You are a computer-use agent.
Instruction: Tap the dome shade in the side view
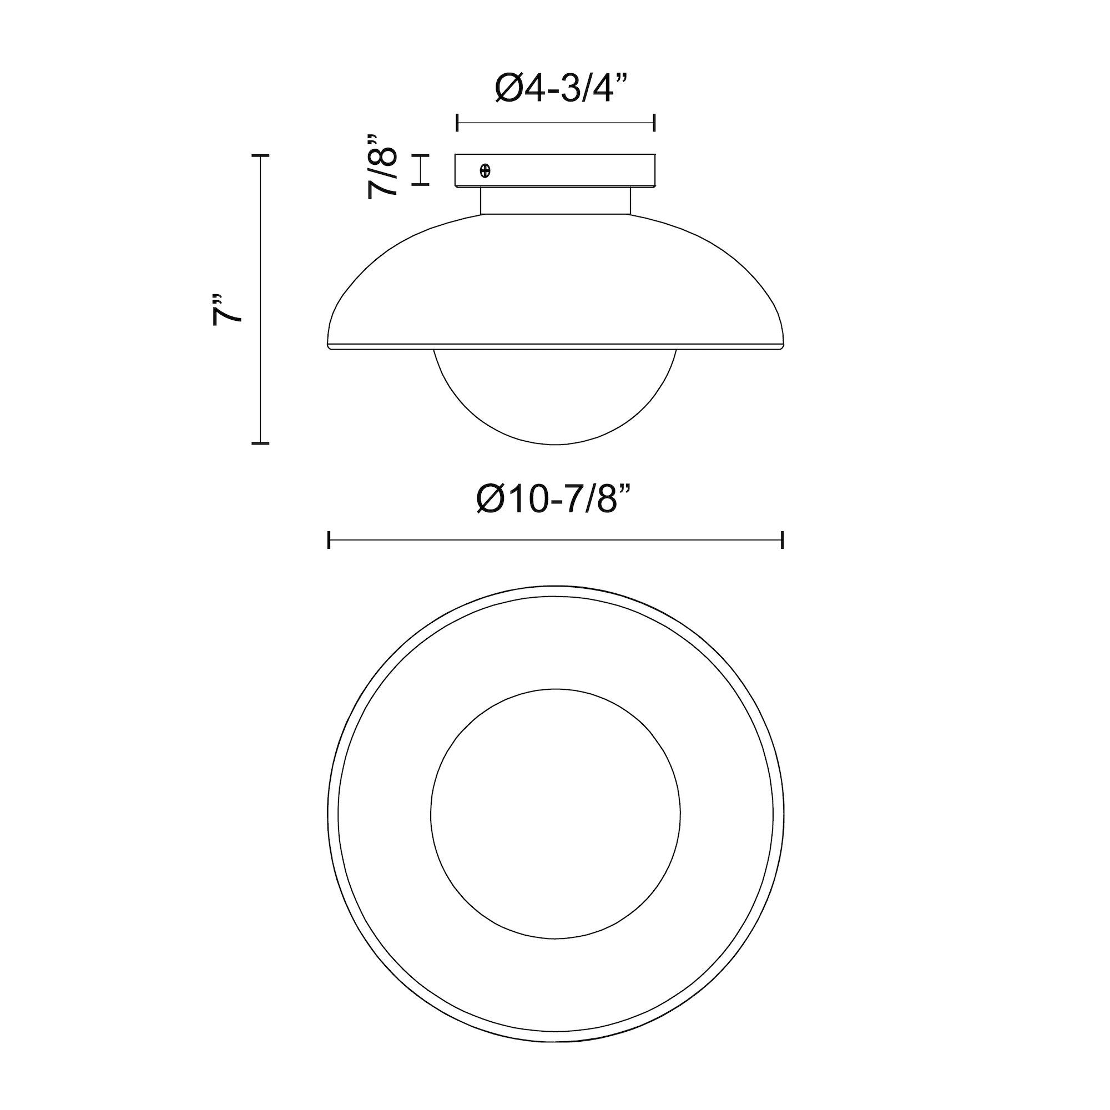554,281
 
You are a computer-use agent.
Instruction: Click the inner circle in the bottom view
555,814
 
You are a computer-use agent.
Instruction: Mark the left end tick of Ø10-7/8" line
329,540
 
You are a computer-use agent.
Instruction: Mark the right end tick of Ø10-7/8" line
783,540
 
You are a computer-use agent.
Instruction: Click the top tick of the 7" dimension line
261,156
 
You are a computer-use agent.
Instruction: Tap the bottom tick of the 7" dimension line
261,443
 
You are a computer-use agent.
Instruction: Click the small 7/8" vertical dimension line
422,170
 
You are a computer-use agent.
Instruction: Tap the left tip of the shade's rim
328,347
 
